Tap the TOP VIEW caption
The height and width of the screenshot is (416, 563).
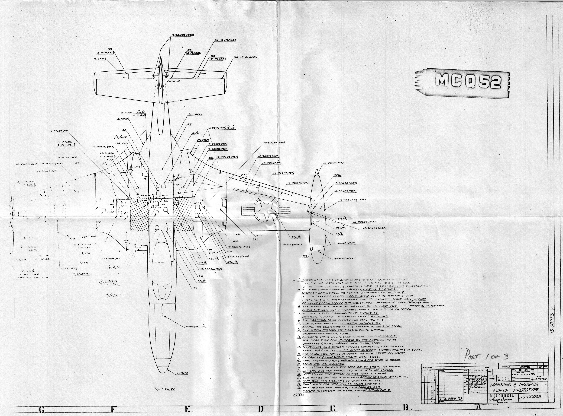pos(164,389)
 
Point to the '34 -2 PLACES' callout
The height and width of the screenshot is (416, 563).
pos(245,57)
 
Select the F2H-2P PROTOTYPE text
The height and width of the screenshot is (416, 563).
pos(514,390)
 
